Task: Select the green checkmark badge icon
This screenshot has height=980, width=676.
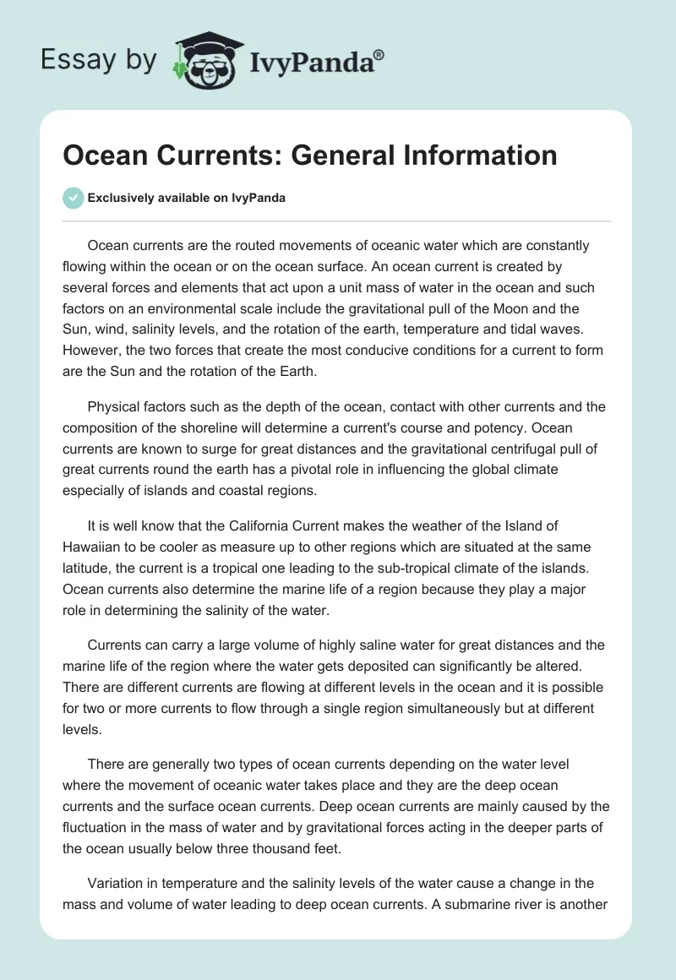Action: tap(74, 198)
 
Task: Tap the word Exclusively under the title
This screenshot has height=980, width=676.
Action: tap(121, 199)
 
